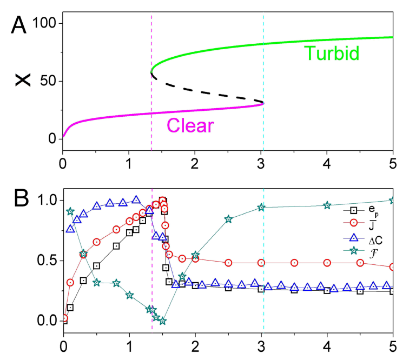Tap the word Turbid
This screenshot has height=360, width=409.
point(332,54)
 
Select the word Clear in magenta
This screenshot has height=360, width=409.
point(190,125)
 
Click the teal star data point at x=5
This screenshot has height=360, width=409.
point(393,200)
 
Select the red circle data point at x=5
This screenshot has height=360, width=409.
point(393,266)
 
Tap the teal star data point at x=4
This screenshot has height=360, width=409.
point(327,205)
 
